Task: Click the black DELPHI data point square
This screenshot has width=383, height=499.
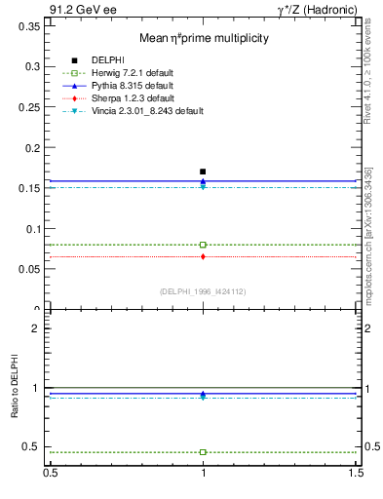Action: [x=203, y=172]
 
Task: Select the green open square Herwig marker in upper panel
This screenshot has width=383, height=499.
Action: [x=203, y=245]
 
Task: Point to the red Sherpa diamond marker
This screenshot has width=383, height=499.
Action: [x=203, y=256]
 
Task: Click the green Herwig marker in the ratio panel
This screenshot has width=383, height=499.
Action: [x=203, y=452]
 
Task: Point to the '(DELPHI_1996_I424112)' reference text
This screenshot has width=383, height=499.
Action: [x=203, y=291]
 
